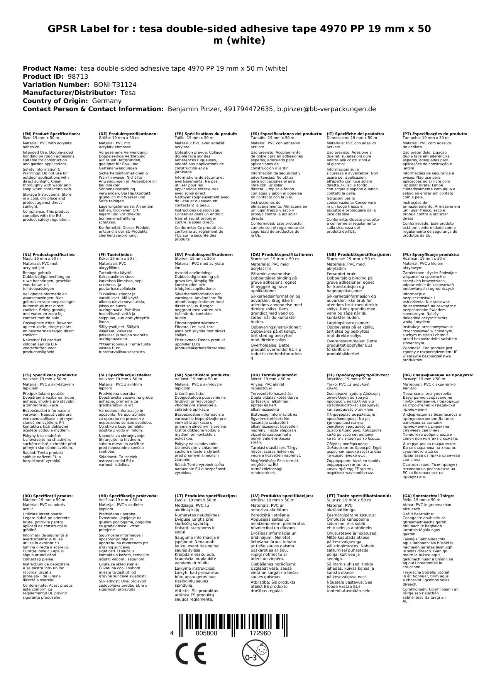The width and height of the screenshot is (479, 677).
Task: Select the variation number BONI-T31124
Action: (115, 85)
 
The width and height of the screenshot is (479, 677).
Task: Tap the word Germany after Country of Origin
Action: (107, 101)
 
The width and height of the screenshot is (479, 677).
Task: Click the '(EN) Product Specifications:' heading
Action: (51, 134)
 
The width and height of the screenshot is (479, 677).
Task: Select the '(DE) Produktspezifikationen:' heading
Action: (128, 134)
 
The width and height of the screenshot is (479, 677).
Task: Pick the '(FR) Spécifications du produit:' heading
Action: (206, 134)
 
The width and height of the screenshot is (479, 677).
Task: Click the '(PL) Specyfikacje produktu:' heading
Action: (431, 255)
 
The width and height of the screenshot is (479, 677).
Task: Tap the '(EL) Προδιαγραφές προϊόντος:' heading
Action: (358, 375)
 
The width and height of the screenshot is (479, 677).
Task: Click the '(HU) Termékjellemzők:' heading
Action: (274, 375)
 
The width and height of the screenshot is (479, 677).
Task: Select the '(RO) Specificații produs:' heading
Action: (47, 496)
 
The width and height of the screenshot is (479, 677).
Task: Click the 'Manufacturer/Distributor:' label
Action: (70, 93)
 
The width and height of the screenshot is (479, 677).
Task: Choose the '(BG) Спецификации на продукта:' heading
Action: (438, 375)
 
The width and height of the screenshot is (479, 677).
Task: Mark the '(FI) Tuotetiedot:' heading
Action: (115, 255)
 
